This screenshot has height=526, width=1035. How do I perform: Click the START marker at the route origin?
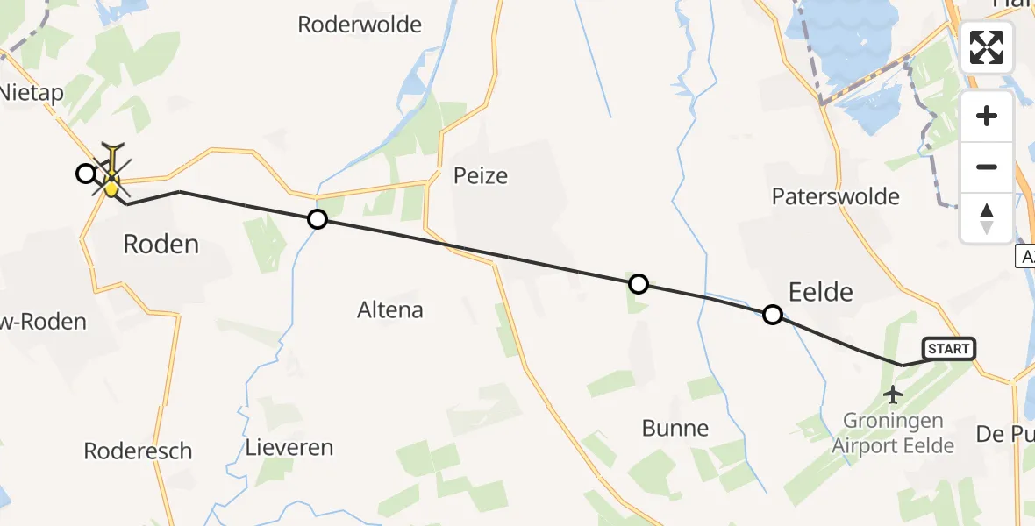(x=948, y=349)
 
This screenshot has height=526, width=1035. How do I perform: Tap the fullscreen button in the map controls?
(x=987, y=47)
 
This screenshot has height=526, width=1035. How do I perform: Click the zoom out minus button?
(x=987, y=167)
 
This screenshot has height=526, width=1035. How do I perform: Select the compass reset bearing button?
(x=987, y=217)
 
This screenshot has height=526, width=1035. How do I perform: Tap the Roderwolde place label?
(x=360, y=25)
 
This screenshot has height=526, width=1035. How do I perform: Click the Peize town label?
(x=481, y=175)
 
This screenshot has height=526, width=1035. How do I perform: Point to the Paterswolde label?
(x=836, y=195)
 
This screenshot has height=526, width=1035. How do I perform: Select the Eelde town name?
(x=821, y=291)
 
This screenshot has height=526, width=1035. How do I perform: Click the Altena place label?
(x=390, y=309)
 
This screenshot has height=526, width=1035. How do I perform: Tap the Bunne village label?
(x=675, y=428)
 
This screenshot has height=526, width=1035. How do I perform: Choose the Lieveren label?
(x=289, y=448)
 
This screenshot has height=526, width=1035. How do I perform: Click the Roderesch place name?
(x=138, y=451)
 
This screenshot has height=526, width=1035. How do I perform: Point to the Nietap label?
(x=32, y=93)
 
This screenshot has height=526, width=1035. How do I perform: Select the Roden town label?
(x=161, y=244)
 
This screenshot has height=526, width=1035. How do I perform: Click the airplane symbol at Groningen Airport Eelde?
(x=893, y=395)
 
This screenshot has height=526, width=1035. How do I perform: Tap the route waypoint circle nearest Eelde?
(x=773, y=315)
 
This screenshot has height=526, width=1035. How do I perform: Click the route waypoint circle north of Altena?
(x=318, y=219)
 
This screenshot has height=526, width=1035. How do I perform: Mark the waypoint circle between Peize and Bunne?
(x=639, y=284)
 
